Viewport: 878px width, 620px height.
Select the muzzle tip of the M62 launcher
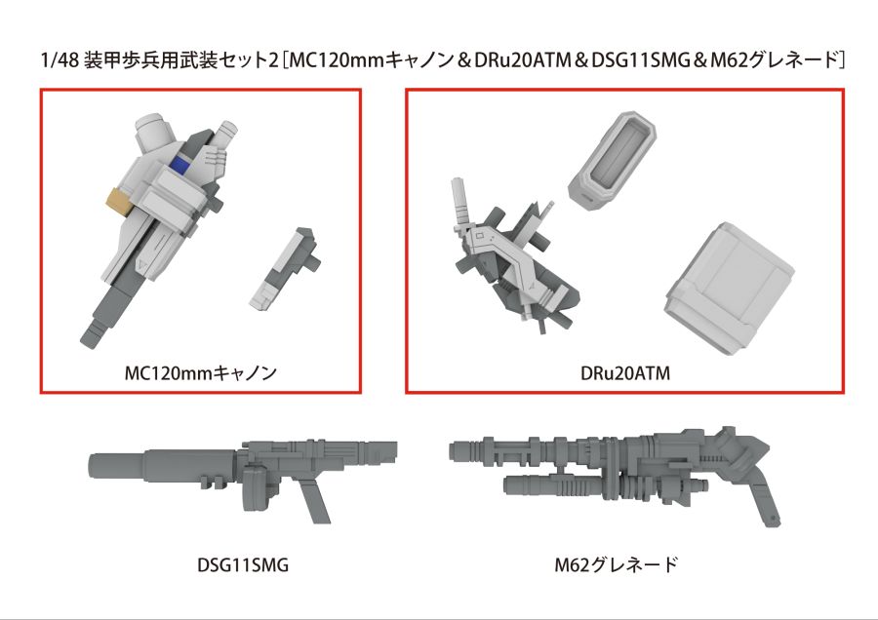[x=457, y=449]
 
